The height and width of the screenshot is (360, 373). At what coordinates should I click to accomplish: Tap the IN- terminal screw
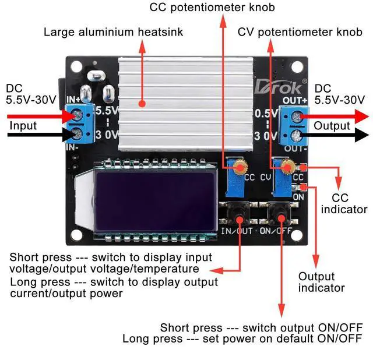[77, 136]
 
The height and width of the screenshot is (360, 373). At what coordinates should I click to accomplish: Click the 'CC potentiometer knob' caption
[212, 8]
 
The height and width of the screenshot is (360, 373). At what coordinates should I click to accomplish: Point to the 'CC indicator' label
[344, 204]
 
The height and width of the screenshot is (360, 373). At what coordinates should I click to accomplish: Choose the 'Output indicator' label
[321, 282]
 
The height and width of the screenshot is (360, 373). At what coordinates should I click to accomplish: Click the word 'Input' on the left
[23, 126]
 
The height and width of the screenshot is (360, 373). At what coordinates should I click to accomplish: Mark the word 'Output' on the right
[332, 126]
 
